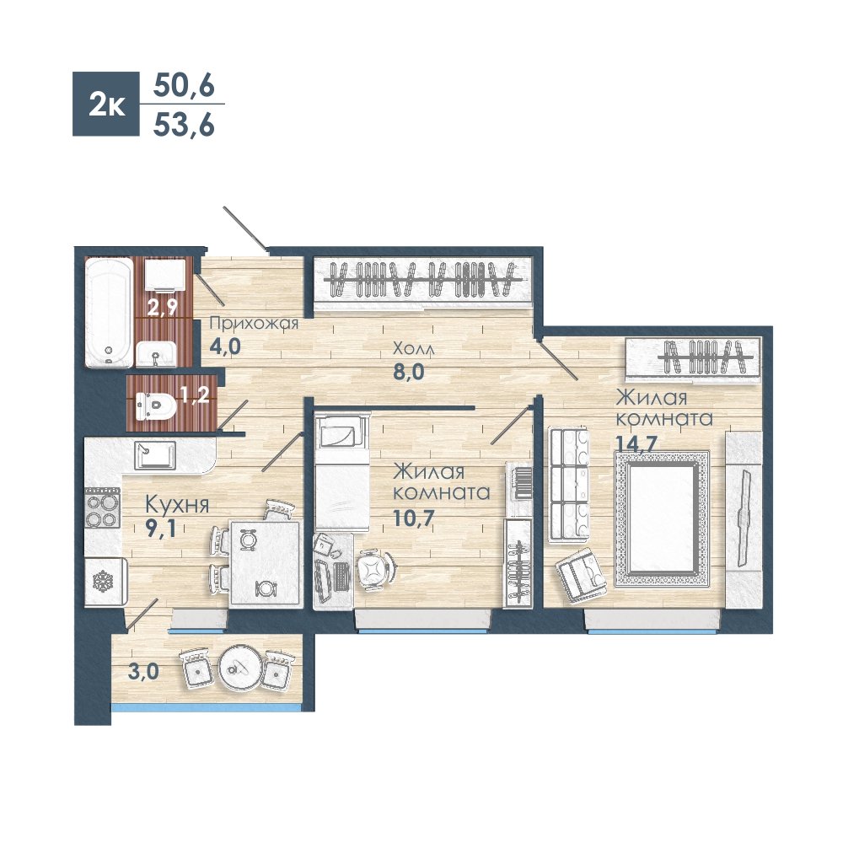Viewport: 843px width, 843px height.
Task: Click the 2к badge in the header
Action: tap(106, 104)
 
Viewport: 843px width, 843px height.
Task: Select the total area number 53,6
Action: tap(184, 126)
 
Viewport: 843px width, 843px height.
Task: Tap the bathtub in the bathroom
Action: tap(109, 313)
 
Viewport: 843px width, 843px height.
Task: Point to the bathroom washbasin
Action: tap(155, 354)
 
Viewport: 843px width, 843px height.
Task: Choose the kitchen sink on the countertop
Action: tap(155, 455)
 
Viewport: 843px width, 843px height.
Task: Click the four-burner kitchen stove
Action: tap(102, 507)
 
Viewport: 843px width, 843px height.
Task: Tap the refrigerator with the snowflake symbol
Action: tap(105, 583)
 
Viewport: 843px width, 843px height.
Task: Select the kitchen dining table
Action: tap(265, 563)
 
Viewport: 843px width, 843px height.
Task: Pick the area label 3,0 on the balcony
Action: tap(143, 672)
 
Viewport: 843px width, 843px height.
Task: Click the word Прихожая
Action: tap(254, 323)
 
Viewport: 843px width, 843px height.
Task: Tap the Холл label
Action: tap(413, 349)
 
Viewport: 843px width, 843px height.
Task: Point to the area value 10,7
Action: tap(413, 518)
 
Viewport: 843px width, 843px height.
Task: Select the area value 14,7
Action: tap(636, 445)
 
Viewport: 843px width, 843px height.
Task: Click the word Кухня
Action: tap(177, 505)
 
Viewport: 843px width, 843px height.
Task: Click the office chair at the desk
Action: tap(375, 569)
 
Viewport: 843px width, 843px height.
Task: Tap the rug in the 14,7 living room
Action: tap(662, 518)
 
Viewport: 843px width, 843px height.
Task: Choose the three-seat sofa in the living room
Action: tap(569, 483)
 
